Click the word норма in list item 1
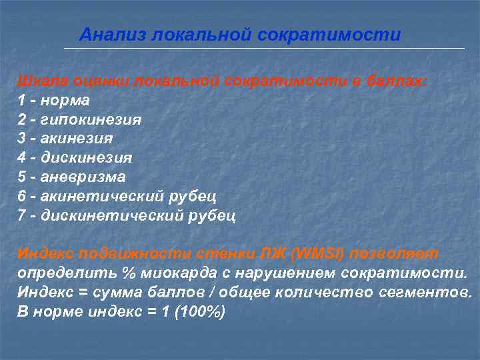(x=65, y=101)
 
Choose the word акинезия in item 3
(x=77, y=139)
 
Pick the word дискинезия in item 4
(x=86, y=159)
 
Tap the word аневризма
(x=83, y=177)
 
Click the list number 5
(x=21, y=177)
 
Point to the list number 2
(x=21, y=120)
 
